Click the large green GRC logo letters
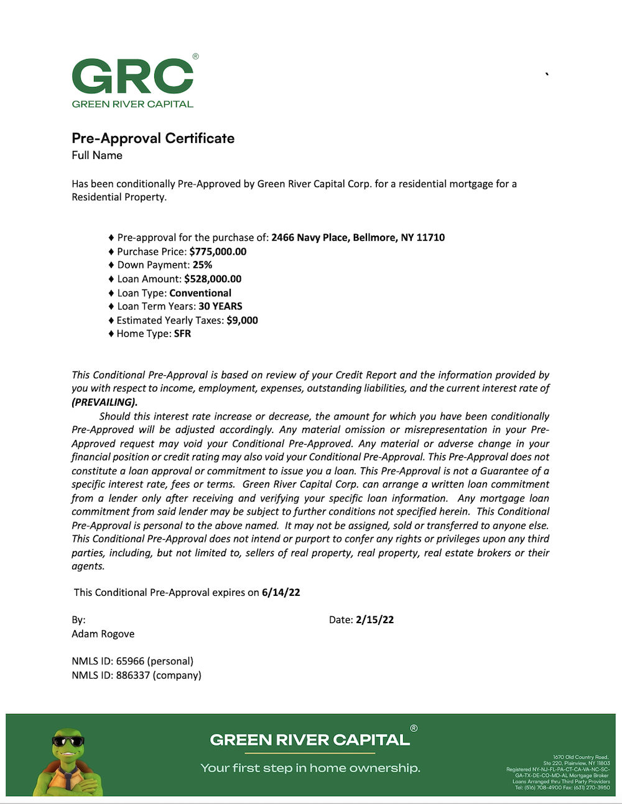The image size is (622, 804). tap(133, 76)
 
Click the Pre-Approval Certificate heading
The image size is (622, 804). tap(153, 138)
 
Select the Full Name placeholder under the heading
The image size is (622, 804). tap(97, 155)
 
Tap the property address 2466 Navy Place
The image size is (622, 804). tap(358, 237)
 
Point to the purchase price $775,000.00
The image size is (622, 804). tap(218, 252)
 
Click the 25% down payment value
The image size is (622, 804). tap(202, 265)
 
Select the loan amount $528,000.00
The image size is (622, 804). tap(213, 279)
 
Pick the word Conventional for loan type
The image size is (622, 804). tap(200, 293)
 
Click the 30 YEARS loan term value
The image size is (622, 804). tap(220, 306)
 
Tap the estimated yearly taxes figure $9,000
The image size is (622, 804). tap(242, 320)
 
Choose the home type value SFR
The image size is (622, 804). tap(182, 334)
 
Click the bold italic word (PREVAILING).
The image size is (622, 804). tap(104, 402)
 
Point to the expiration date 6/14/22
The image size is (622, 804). tap(281, 592)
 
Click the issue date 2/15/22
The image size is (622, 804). tap(374, 619)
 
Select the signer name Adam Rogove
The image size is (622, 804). tap(103, 634)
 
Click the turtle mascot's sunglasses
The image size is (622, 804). tap(68, 741)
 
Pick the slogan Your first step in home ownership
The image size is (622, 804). tap(310, 768)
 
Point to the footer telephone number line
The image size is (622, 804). tap(562, 788)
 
